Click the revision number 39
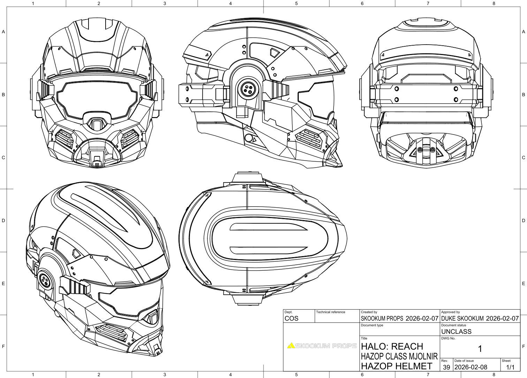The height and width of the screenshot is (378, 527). tap(446, 367)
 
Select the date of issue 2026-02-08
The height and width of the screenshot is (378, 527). tap(471, 367)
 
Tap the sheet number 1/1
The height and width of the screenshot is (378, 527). tap(510, 367)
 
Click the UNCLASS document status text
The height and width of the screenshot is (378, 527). tap(456, 332)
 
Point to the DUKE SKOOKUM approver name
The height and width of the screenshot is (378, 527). tap(462, 318)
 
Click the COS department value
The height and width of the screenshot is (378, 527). tap(291, 318)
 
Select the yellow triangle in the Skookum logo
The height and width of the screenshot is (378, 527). tap(291, 346)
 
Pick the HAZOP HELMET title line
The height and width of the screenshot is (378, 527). tap(396, 366)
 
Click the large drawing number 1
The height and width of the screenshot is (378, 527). tap(480, 349)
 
